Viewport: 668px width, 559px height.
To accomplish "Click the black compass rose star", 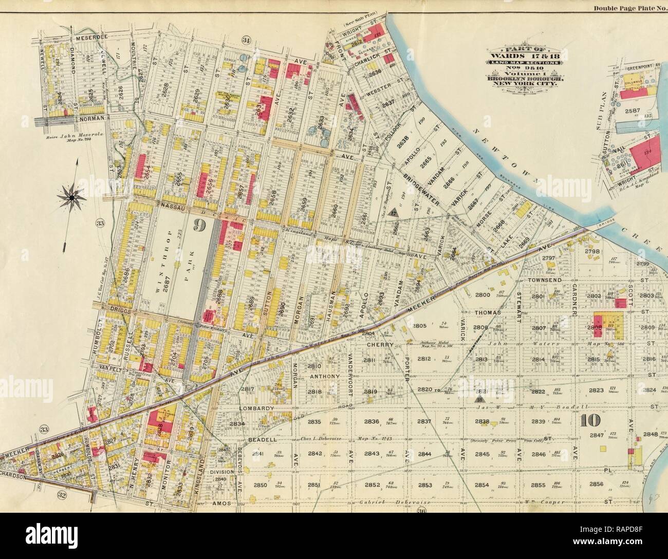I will click(x=72, y=195).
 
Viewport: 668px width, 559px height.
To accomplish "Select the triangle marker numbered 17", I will click(x=394, y=212).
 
